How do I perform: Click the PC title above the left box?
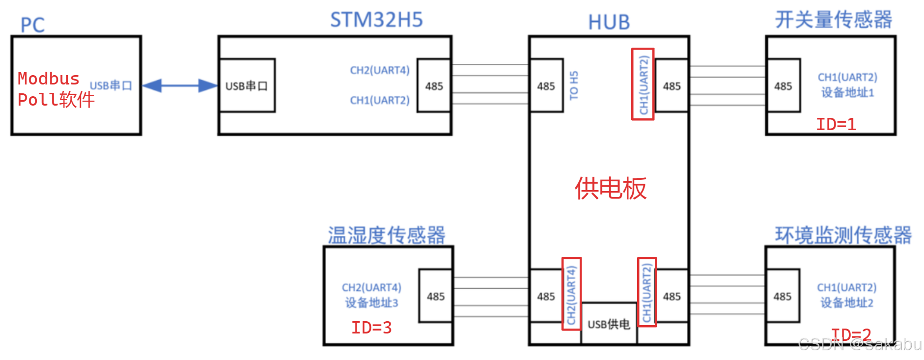point(32,25)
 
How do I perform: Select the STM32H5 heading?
point(376,20)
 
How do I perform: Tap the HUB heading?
point(609,22)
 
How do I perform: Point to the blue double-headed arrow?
point(180,86)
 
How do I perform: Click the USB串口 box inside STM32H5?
point(247,86)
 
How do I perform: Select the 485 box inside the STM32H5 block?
point(434,86)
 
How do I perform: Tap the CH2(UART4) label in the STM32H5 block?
point(379,70)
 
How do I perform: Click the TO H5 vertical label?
point(574,85)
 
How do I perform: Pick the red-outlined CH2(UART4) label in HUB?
point(571,294)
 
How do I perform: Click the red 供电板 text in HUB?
point(611,188)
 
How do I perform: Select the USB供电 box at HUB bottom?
point(609,324)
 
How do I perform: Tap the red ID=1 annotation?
point(836,124)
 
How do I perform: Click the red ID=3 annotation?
point(371,328)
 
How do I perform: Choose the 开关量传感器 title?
point(833,20)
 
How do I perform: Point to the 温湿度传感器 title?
point(387,235)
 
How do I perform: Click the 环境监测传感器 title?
point(843,235)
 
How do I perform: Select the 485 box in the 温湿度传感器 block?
point(436,296)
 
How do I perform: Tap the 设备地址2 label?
point(847,303)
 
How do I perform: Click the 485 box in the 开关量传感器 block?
point(783,86)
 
